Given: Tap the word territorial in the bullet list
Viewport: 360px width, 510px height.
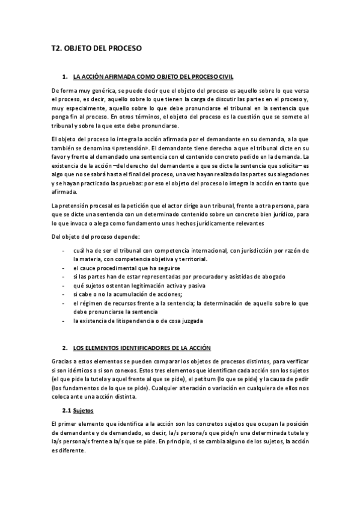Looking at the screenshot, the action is pos(190,259).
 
